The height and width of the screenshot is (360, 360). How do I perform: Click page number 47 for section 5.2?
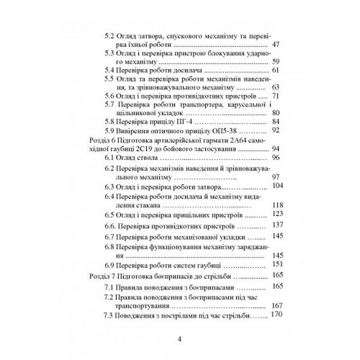pos(276,44)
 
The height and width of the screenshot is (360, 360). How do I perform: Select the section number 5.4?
pos(110,70)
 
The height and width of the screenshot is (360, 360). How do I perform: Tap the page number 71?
pos(276,95)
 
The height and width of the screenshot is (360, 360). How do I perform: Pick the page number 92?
pos(276,129)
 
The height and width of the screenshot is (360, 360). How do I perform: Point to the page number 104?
pos(277,186)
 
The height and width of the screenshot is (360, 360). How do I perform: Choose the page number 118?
pos(277,205)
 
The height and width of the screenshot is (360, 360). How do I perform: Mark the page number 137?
pos(277,225)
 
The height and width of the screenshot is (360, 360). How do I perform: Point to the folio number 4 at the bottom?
pos(181,340)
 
